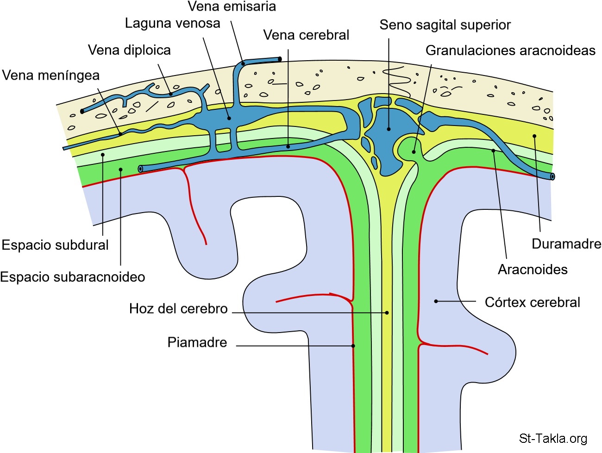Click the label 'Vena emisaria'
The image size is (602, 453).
click(232, 6)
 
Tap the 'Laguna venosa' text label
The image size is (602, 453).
click(172, 23)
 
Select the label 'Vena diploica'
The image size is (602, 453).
click(129, 50)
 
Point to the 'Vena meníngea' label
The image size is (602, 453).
click(51, 75)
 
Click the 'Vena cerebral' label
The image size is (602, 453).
click(306, 35)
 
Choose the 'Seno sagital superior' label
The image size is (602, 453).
click(445, 25)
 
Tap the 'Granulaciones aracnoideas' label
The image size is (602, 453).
click(510, 50)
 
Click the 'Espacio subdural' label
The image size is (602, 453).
click(55, 245)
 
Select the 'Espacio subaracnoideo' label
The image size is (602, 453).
click(73, 277)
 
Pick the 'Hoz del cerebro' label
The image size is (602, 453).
click(178, 308)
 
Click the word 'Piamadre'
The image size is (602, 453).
click(197, 343)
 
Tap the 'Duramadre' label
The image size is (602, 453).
click(566, 244)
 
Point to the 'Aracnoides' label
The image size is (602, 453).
click(533, 270)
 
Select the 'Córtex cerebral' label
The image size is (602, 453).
click(532, 302)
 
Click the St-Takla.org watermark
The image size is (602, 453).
click(553, 438)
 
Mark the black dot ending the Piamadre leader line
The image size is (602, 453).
click(353, 346)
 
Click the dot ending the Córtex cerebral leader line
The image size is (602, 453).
click(436, 302)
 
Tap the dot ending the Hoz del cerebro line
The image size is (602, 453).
click(387, 313)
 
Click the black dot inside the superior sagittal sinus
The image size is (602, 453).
click(389, 129)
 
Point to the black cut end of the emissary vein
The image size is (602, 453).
click(280, 59)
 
